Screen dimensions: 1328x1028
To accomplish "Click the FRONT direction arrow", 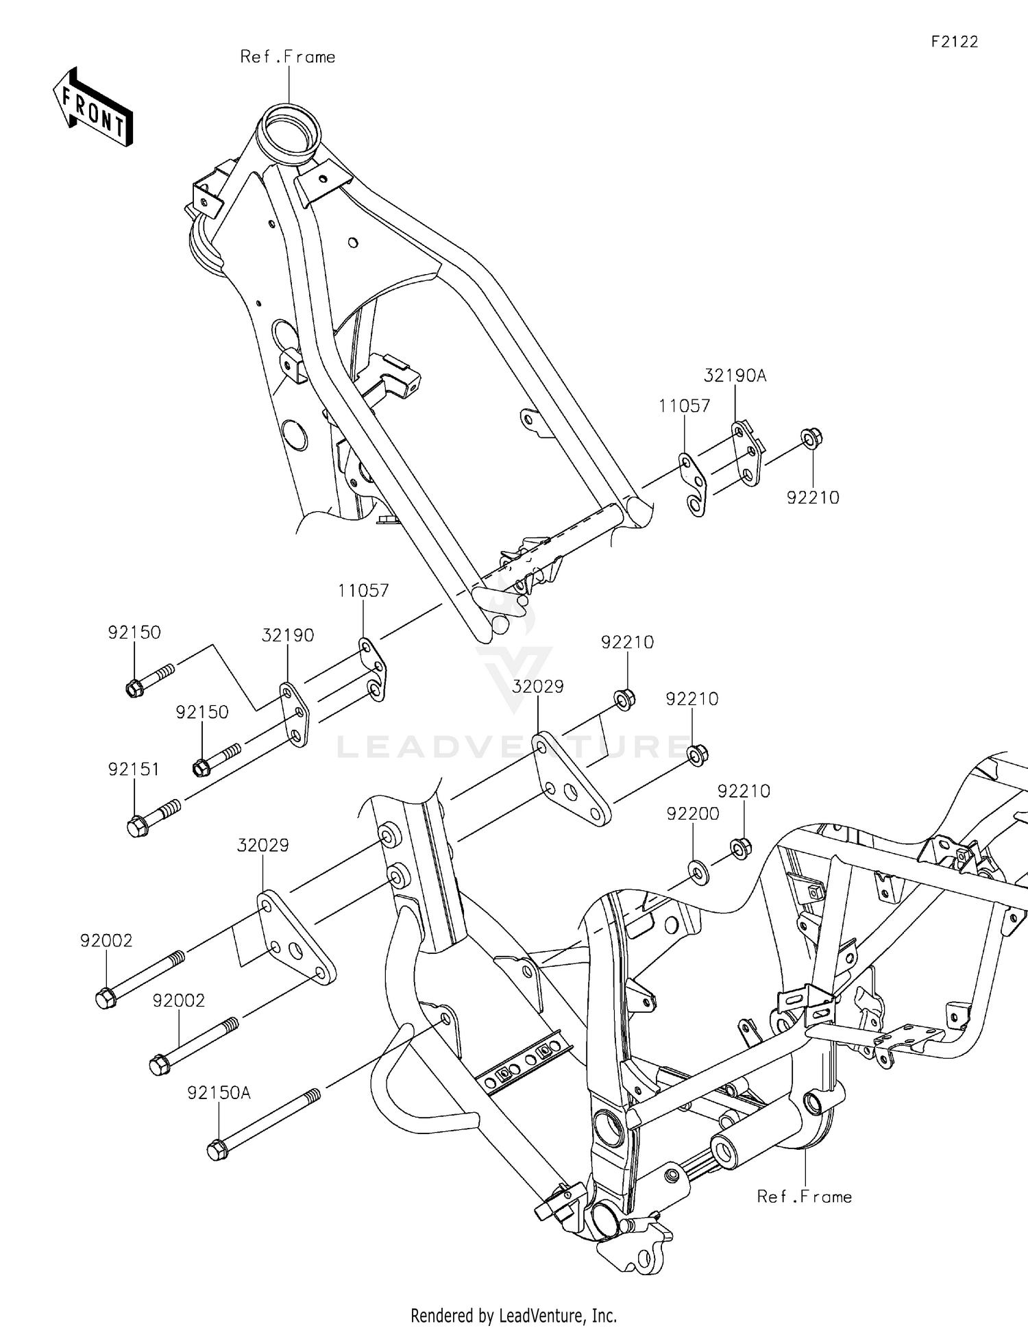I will pos(93,108).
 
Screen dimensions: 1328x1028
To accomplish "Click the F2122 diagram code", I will pos(954,42).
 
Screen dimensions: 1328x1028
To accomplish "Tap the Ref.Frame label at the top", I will pos(287,57).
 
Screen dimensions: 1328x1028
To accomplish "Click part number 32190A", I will pos(735,376).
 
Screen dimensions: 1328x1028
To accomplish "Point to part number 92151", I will pos(134,770).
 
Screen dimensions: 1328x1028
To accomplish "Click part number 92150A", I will pos(219,1094).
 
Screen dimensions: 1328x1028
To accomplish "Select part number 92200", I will pos(693,814).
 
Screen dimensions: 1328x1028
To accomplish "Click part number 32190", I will pos(288,635).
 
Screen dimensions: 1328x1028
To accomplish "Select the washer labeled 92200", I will pos(698,873).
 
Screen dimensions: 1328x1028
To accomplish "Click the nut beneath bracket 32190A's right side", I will pos(811,438).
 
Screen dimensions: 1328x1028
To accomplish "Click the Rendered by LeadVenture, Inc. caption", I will pos(513,1315).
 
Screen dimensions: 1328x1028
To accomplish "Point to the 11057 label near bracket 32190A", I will pos(684,406).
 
